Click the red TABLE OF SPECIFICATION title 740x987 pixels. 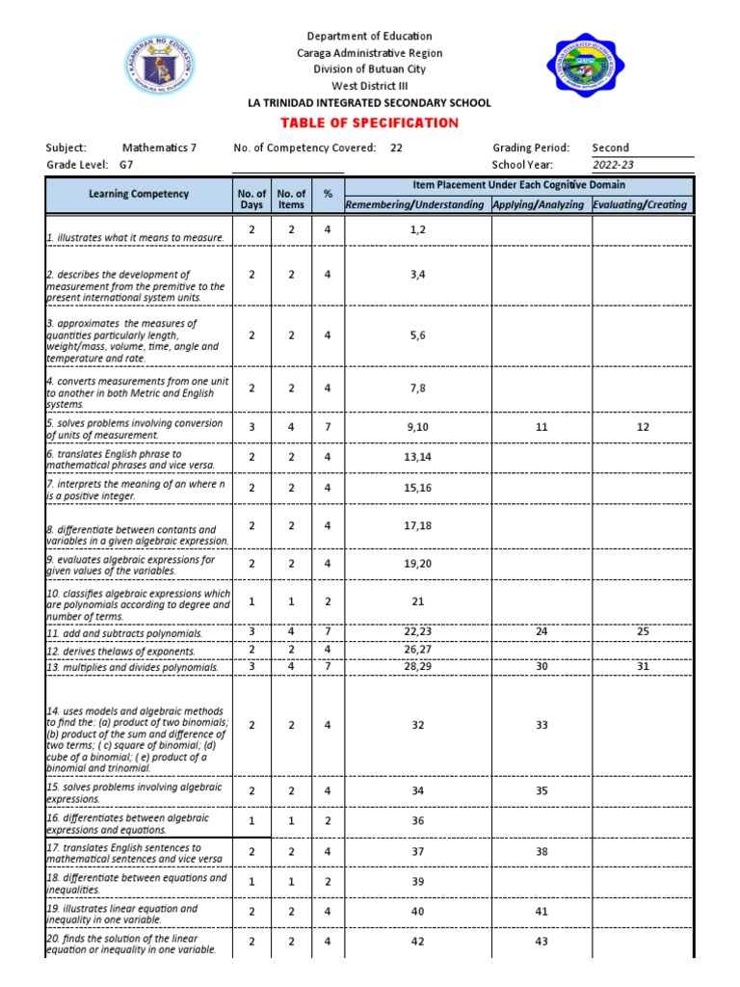click(369, 123)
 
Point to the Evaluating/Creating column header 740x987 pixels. click(641, 204)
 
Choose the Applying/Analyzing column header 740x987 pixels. click(539, 204)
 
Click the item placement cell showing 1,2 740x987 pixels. click(416, 230)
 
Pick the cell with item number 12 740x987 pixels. click(643, 427)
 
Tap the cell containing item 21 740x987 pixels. click(417, 601)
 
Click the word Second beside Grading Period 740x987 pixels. click(610, 147)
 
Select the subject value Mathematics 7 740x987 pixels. click(159, 147)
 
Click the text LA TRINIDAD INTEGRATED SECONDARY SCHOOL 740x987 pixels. click(369, 103)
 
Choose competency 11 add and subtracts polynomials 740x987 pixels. click(125, 633)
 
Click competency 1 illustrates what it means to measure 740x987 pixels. click(135, 237)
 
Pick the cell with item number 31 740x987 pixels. click(643, 667)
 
